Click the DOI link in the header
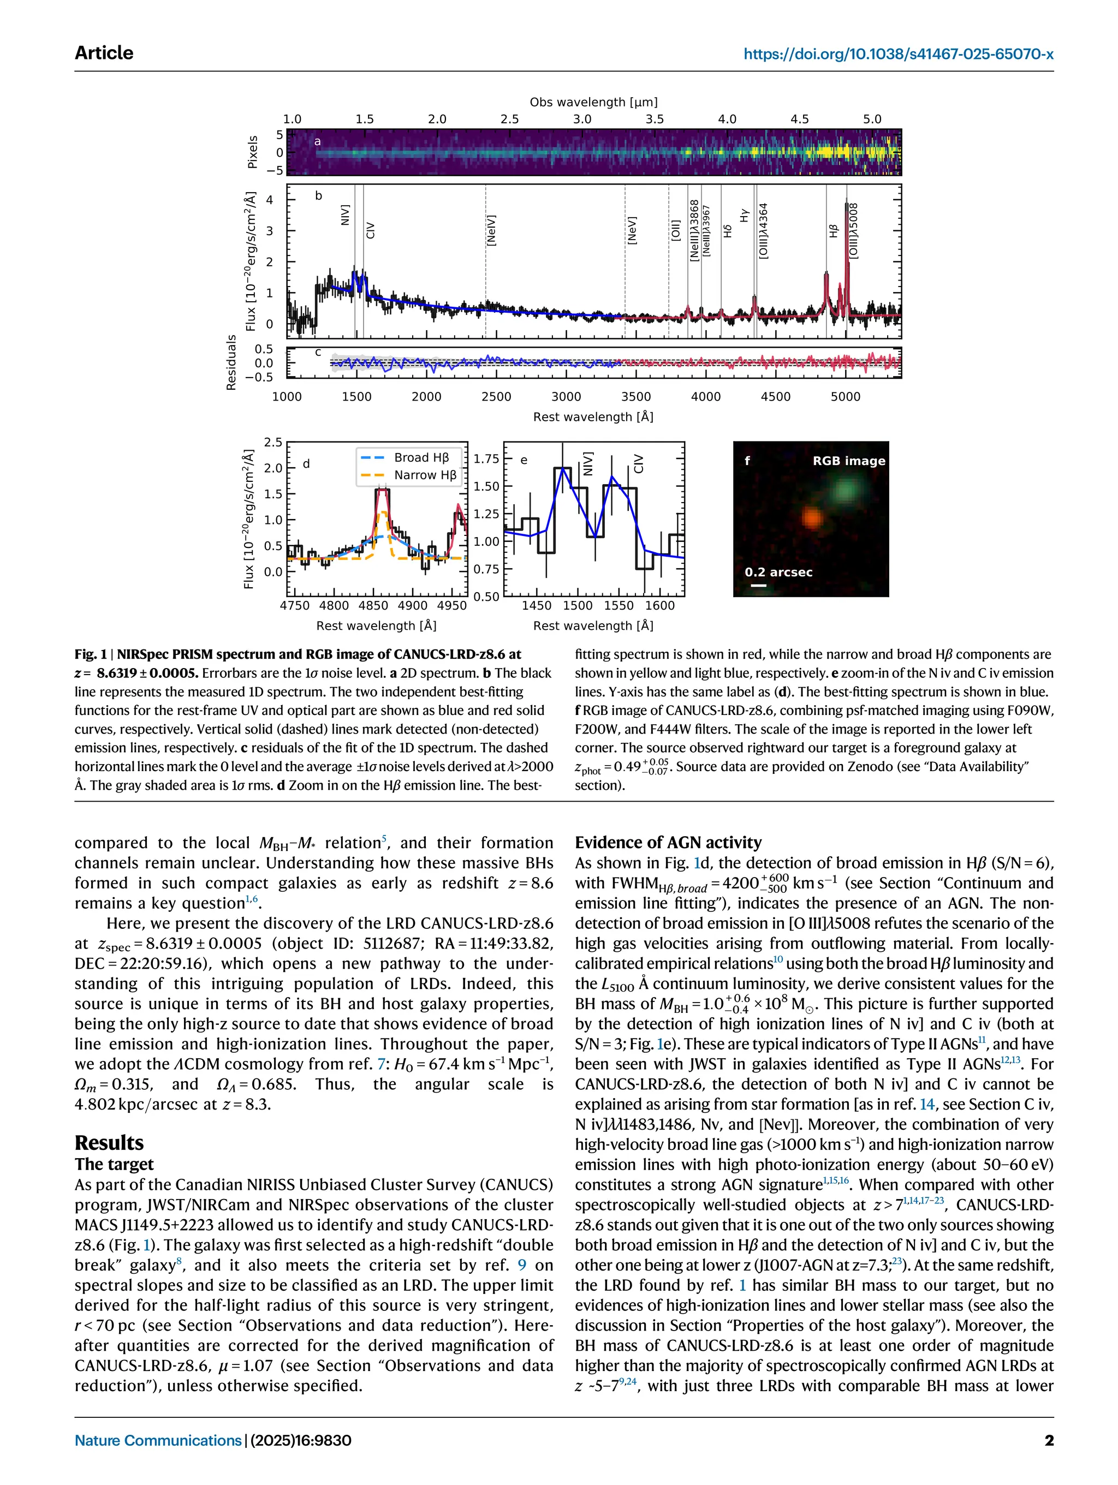point(898,53)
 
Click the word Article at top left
point(104,53)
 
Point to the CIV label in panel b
point(371,231)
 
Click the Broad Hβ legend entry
point(421,457)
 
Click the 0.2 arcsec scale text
point(778,572)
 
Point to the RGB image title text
point(848,461)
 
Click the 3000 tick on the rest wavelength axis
point(566,397)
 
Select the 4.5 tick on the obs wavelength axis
point(799,119)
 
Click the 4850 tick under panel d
point(373,606)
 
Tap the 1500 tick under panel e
point(578,606)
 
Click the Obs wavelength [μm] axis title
point(593,102)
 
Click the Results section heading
point(109,1142)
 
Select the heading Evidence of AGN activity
point(668,843)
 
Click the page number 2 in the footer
point(1048,1440)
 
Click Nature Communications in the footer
point(158,1440)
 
